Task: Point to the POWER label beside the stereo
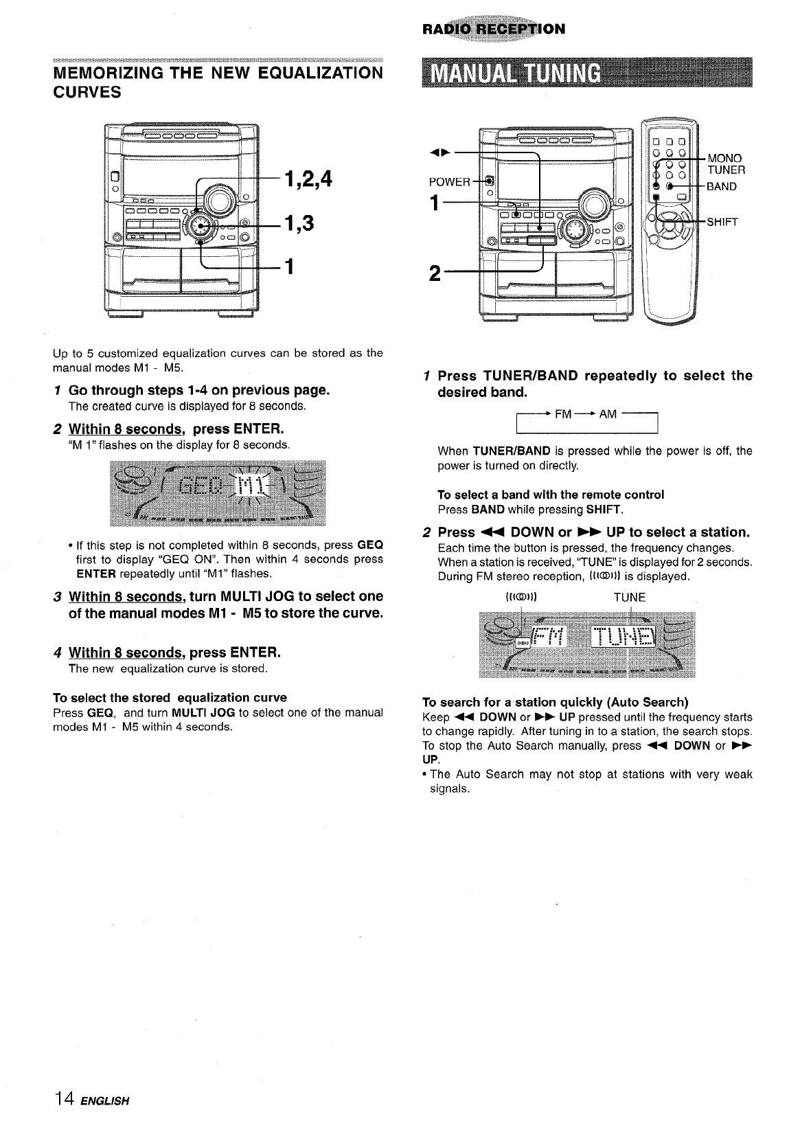[x=449, y=182]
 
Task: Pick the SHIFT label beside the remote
[x=722, y=221]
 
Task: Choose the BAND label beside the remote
[x=722, y=186]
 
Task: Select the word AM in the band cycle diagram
[x=608, y=414]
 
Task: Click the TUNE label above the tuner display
[x=629, y=598]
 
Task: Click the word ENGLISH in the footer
[x=105, y=1101]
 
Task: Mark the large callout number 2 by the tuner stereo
[x=434, y=273]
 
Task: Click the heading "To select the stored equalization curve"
[x=170, y=698]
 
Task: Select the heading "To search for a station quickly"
[x=555, y=702]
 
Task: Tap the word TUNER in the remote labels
[x=727, y=170]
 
